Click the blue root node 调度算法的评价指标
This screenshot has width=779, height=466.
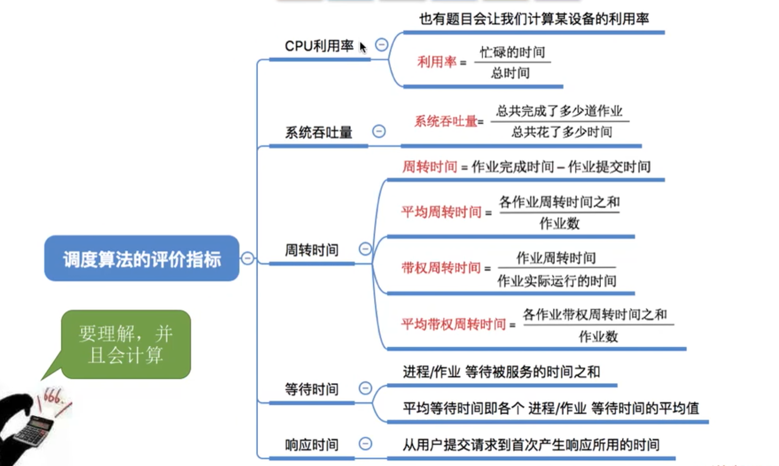click(x=142, y=259)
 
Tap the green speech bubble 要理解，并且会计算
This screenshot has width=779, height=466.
click(x=126, y=344)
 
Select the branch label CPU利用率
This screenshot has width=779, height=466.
click(x=319, y=46)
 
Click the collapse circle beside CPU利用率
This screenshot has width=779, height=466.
click(x=382, y=44)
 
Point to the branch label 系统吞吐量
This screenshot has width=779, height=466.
click(x=319, y=132)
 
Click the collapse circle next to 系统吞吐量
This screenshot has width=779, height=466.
click(x=379, y=131)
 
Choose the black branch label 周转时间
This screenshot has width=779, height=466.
click(x=311, y=250)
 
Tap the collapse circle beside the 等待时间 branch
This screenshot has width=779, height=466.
click(x=365, y=388)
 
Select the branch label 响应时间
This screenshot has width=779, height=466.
click(x=311, y=445)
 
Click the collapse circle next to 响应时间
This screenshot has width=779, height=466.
click(x=365, y=443)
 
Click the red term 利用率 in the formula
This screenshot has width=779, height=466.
click(x=437, y=62)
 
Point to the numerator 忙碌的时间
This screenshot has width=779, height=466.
click(x=512, y=52)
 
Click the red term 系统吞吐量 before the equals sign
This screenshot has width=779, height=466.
click(x=446, y=121)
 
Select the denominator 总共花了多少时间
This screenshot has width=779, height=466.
click(x=562, y=132)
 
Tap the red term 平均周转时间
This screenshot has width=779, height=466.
click(x=441, y=212)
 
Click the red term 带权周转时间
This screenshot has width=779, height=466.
click(x=441, y=268)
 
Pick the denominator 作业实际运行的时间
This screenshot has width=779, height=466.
click(x=557, y=281)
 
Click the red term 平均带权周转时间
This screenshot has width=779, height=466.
click(x=453, y=324)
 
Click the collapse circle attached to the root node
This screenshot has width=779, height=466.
click(x=247, y=258)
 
